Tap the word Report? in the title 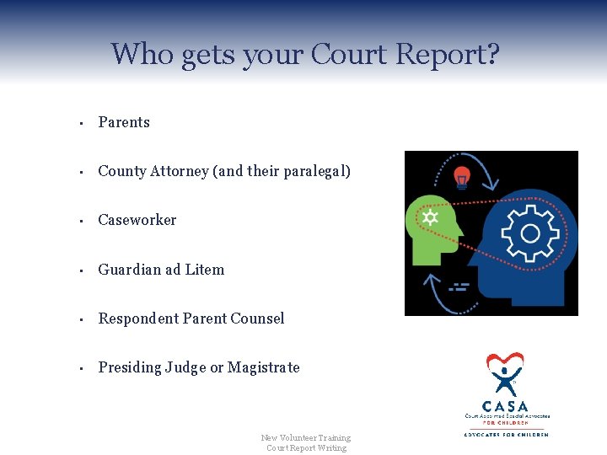click(446, 56)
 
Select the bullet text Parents click(124, 122)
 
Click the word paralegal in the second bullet click(315, 171)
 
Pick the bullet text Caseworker click(137, 220)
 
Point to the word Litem click(205, 270)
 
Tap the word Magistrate click(263, 367)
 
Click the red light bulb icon click(462, 177)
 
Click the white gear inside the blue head click(529, 232)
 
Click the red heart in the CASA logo click(505, 362)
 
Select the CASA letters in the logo click(506, 406)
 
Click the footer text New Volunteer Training click(306, 437)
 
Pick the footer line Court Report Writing click(306, 447)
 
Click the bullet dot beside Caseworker click(77, 221)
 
